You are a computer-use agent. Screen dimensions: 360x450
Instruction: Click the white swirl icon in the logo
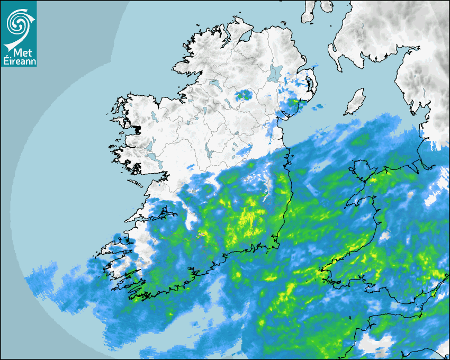[x=18, y=22]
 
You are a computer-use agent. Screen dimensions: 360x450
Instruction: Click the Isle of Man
[x=355, y=102]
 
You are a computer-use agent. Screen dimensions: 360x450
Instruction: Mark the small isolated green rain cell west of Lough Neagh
[x=244, y=95]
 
